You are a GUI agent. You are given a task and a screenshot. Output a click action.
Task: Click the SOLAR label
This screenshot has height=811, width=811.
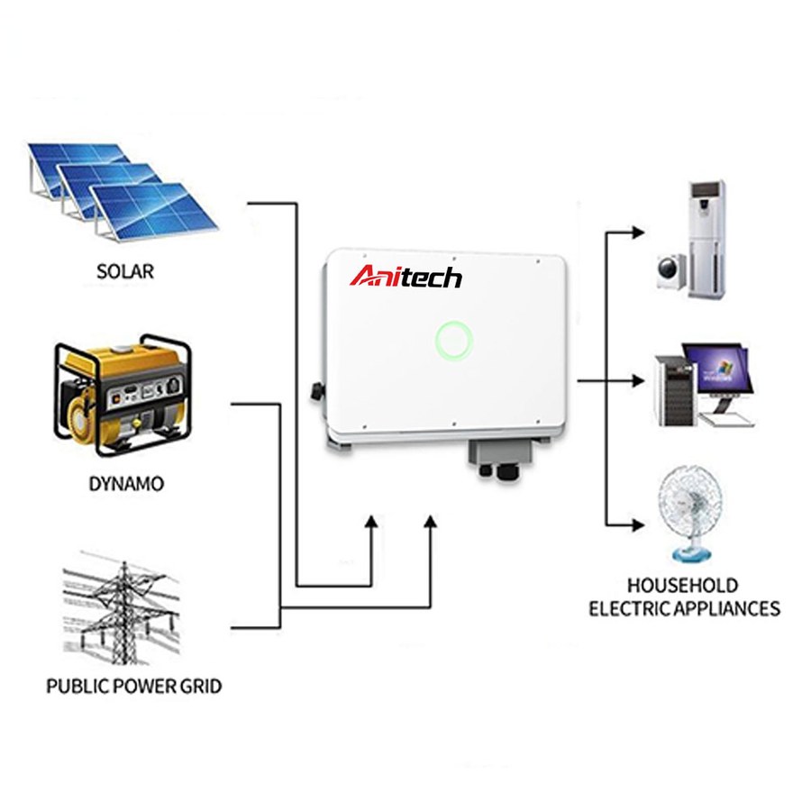(125, 271)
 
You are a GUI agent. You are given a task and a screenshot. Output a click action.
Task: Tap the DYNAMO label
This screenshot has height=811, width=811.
(126, 484)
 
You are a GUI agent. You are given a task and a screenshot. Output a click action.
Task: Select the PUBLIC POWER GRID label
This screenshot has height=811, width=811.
(134, 687)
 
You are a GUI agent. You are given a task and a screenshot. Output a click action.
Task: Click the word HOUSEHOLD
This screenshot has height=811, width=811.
(683, 586)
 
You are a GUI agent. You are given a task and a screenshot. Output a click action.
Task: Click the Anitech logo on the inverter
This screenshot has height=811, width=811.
(406, 277)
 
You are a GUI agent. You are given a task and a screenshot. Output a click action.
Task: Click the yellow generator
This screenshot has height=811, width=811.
(123, 394)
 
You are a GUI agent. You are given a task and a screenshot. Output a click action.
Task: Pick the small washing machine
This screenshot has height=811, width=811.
(671, 270)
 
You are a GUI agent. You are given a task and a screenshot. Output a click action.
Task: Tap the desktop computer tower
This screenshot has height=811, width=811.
(677, 390)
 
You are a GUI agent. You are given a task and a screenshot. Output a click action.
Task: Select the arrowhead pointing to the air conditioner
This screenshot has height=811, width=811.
(637, 232)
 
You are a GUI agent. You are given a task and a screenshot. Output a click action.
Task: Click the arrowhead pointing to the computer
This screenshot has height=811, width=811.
(637, 381)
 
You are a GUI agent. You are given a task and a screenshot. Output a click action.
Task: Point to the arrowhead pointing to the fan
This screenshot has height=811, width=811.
(637, 525)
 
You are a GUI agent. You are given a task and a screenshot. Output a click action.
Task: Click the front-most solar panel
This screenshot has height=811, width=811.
(153, 212)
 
